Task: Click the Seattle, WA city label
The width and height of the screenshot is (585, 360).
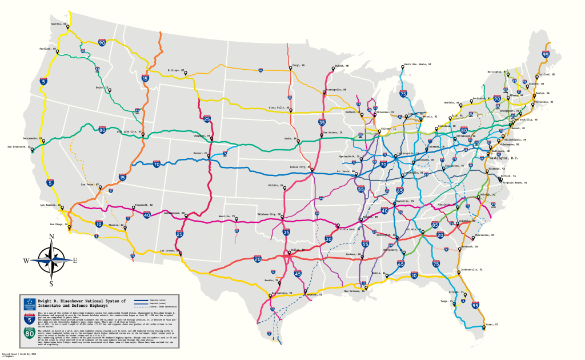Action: [x=59, y=24]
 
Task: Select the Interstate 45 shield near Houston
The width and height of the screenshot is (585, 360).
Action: [x=298, y=274]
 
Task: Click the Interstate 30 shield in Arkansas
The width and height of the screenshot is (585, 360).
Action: [x=328, y=239]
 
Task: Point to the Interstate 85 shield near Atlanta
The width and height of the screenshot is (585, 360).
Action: [x=435, y=225]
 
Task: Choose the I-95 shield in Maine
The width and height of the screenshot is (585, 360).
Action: [x=546, y=54]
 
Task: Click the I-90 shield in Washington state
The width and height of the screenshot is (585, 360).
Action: [x=102, y=42]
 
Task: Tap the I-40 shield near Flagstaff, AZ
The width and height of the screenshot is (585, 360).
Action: [x=147, y=215]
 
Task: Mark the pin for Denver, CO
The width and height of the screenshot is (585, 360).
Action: [x=209, y=155]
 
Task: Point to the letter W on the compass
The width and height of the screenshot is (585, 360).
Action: [x=26, y=261]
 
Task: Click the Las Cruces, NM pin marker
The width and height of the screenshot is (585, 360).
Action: [x=181, y=253]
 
